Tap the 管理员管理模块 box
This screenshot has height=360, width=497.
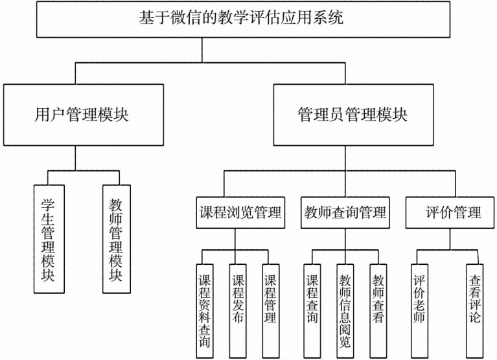(353, 115)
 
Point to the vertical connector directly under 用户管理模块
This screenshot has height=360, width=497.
(76, 158)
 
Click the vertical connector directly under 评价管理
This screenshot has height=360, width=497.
(448, 239)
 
